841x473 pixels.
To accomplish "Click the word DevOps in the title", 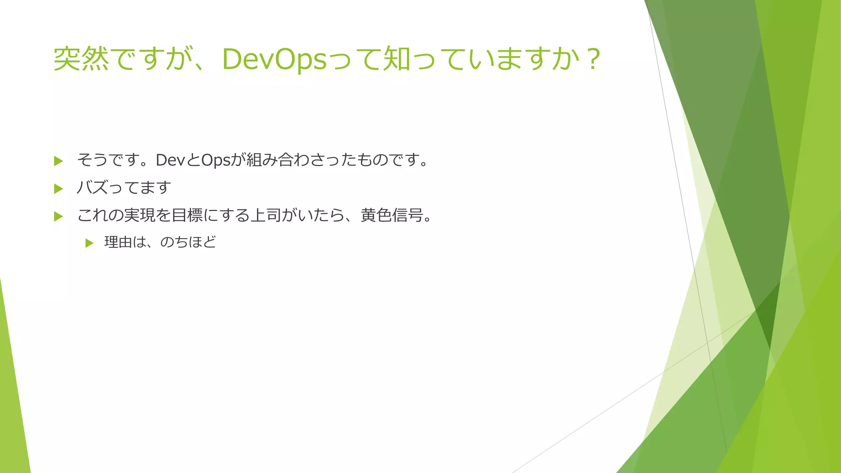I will point(274,60).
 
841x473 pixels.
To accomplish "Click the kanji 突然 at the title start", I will point(81,59).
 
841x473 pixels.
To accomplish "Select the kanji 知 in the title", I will point(397,59).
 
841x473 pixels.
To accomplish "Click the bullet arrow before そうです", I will point(58,161).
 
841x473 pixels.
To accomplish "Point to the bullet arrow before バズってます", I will point(58,189).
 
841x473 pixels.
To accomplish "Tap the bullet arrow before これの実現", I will point(58,216).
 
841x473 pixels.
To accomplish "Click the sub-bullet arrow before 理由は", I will point(89,243).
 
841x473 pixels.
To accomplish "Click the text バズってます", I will point(124,188).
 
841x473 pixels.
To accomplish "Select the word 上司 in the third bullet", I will point(265,215).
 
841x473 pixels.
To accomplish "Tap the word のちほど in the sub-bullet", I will point(188,242).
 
